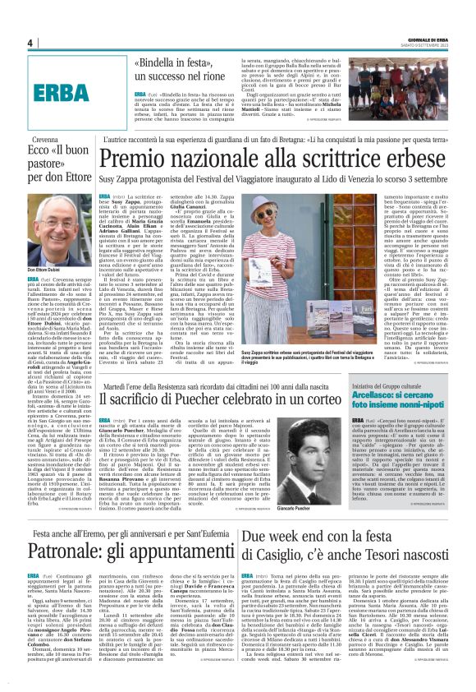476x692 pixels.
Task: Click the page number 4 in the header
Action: [x=30, y=44]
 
